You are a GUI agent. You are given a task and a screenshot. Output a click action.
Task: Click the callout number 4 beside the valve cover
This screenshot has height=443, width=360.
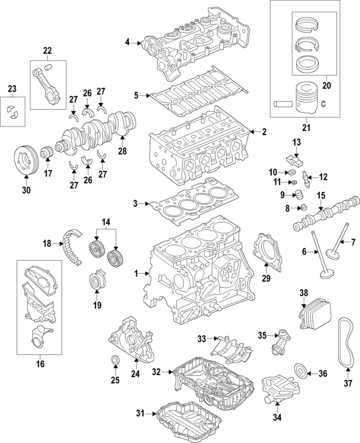point(128,42)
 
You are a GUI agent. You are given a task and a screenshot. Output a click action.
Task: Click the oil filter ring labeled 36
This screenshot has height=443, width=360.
point(301,372)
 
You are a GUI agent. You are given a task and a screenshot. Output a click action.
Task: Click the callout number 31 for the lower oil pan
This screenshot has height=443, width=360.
point(141,414)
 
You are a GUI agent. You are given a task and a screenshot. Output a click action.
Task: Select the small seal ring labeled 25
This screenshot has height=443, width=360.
point(115,360)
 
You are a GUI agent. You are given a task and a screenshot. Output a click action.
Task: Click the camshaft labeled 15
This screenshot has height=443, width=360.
point(323,216)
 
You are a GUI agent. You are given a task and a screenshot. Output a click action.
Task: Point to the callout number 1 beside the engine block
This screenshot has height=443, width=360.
point(135,273)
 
